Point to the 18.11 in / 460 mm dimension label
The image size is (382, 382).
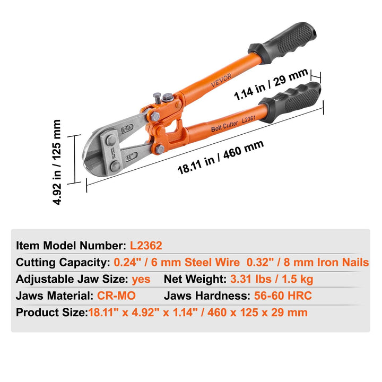pyautogui.click(x=220, y=158)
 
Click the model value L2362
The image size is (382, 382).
pyautogui.click(x=146, y=246)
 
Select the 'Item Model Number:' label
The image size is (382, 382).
pyautogui.click(x=72, y=246)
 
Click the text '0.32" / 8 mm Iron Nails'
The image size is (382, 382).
pyautogui.click(x=308, y=262)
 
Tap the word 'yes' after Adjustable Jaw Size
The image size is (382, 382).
pyautogui.click(x=141, y=279)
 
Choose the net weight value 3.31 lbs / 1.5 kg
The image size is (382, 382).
pyautogui.click(x=272, y=279)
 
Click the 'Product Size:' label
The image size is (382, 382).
pyautogui.click(x=51, y=312)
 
